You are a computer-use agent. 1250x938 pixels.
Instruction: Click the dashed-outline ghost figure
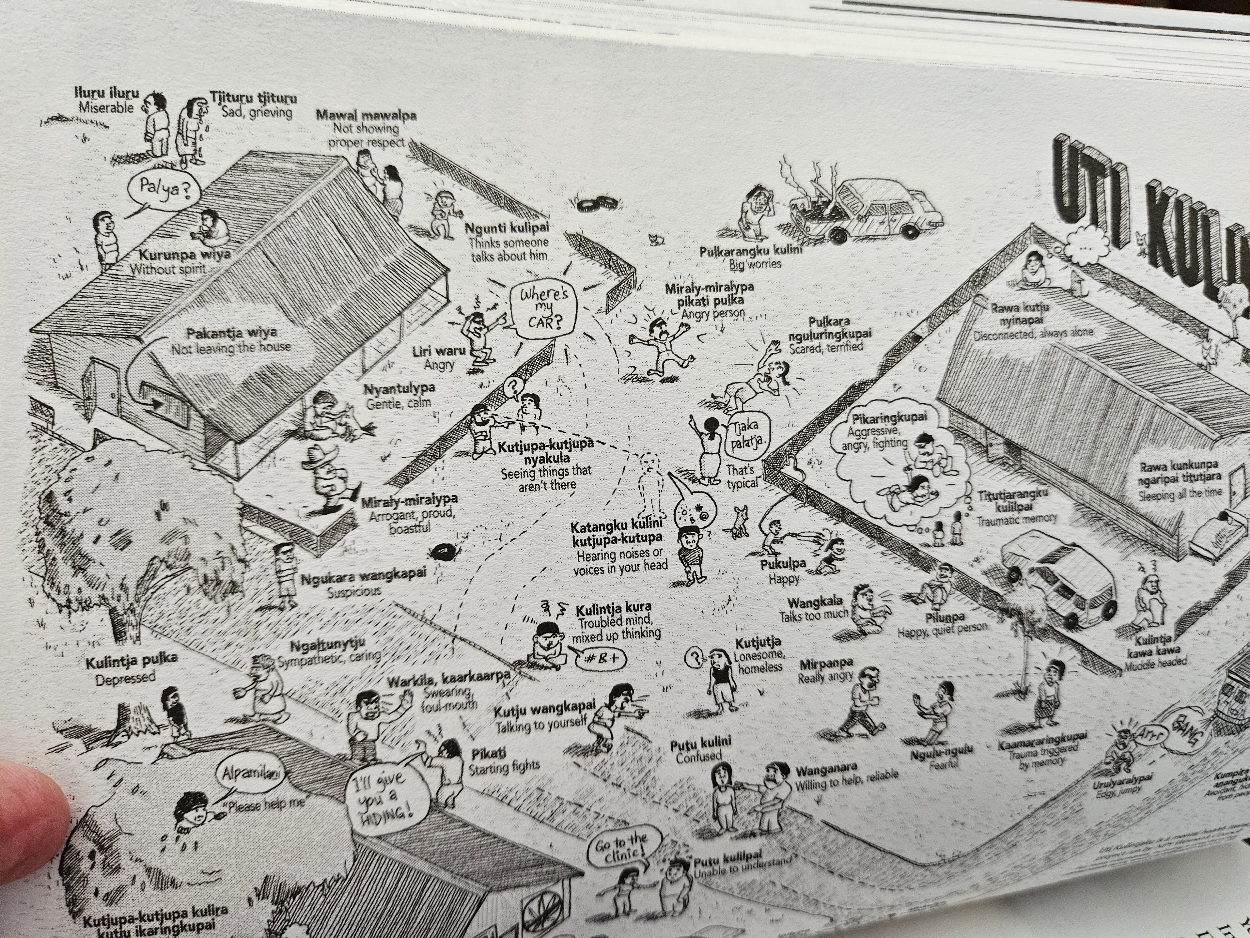(x=650, y=483)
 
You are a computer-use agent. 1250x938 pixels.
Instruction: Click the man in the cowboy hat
(x=327, y=473)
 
